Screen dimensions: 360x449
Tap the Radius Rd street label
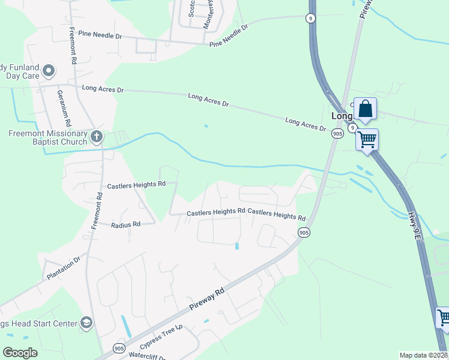pyautogui.click(x=125, y=224)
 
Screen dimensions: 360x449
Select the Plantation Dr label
pyautogui.click(x=64, y=269)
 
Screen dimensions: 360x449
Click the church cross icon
pyautogui.click(x=96, y=137)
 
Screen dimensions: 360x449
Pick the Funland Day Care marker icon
pyautogui.click(x=49, y=71)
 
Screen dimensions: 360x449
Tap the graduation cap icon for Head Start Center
pyautogui.click(x=86, y=323)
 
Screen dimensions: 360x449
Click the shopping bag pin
pyautogui.click(x=365, y=110)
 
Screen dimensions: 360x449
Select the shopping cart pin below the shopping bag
pyautogui.click(x=367, y=140)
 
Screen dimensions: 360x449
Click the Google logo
pyautogui.click(x=20, y=353)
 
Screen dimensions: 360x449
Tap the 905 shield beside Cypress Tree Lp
pyautogui.click(x=119, y=347)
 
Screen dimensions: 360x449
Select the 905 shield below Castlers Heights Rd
pyautogui.click(x=304, y=232)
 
